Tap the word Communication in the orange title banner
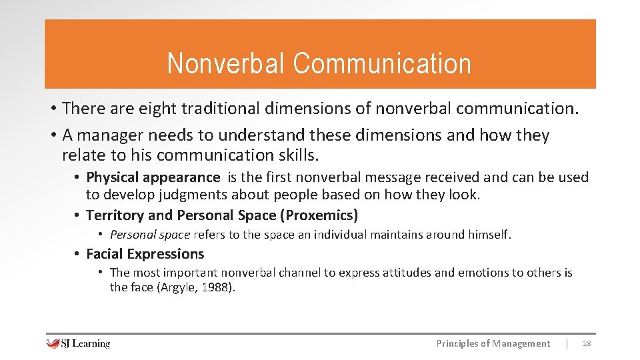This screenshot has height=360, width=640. point(381,64)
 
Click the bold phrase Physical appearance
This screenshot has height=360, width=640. point(153,177)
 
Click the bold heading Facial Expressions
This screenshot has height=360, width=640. point(145,254)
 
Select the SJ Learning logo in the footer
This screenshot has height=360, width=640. point(78,344)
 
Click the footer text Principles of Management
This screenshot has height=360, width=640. point(493,344)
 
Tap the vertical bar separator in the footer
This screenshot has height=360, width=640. point(567,344)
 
